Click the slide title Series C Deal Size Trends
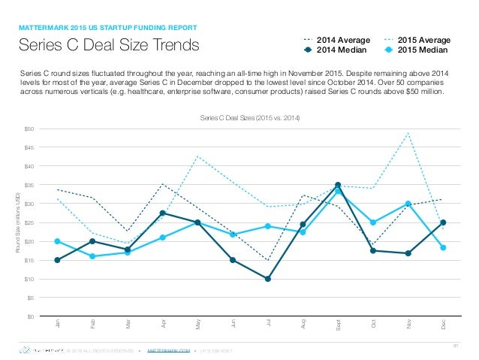pos(110,45)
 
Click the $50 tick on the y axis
pos(29,129)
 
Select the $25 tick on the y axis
pos(29,222)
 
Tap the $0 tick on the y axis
pos(31,316)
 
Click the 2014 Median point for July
pos(268,279)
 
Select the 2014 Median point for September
pos(338,185)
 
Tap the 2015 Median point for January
pos(58,241)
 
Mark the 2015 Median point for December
pos(444,247)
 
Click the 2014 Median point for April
pos(163,213)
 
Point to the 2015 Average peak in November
pos(408,133)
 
